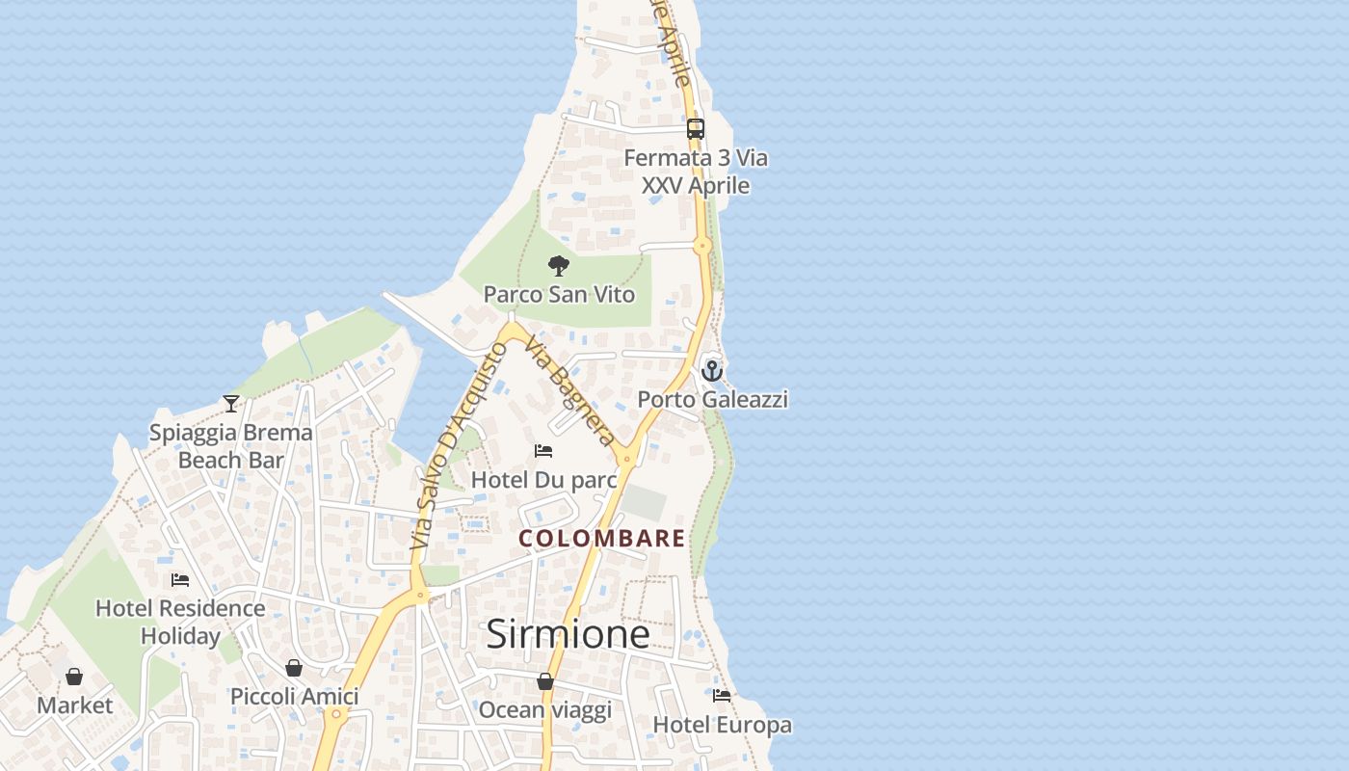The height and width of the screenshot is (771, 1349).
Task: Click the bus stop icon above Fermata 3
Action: pos(695,128)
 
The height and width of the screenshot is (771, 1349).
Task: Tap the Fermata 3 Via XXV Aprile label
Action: pos(696,171)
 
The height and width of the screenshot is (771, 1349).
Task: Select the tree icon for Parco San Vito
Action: pos(558,266)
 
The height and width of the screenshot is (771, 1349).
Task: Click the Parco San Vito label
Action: pos(559,294)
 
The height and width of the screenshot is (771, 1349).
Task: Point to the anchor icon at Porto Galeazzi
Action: pos(712,370)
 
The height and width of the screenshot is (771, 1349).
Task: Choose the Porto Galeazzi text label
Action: pos(712,399)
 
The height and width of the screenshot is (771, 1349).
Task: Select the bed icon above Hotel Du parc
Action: pos(543,451)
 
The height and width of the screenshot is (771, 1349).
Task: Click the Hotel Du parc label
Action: pos(543,479)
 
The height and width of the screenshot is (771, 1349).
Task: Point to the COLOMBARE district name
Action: pos(602,539)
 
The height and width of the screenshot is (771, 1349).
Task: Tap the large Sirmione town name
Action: pos(567,634)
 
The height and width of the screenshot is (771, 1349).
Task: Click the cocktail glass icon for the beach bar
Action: pos(231,403)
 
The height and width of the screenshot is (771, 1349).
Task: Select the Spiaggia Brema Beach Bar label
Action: pos(231,446)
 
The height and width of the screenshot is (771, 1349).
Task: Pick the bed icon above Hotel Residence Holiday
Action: pos(180,580)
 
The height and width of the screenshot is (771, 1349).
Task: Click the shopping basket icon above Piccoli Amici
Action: pos(294,668)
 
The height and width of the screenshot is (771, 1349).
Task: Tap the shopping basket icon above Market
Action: pos(74,677)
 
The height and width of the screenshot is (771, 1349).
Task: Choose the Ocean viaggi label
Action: pos(544,710)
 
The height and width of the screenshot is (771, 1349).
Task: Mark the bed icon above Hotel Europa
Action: pos(722,696)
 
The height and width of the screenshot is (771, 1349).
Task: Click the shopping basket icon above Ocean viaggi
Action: pos(545,682)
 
